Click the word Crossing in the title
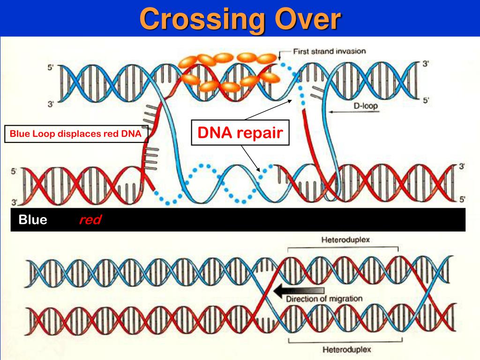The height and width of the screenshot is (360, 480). (202, 20)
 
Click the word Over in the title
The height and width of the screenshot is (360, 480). (307, 19)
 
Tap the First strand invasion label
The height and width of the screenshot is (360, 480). (330, 51)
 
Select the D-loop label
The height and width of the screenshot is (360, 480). (366, 106)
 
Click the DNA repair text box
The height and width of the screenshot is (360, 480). (240, 133)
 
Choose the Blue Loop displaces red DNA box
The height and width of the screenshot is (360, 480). (76, 134)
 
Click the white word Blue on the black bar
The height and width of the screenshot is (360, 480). (33, 219)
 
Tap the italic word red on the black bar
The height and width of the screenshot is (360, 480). (90, 220)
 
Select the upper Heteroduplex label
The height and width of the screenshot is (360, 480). (345, 240)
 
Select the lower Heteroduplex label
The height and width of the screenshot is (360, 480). (347, 349)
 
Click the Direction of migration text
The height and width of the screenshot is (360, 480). (324, 299)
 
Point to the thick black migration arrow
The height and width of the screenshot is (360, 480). (299, 291)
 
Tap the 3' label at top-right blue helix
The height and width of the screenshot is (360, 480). (426, 64)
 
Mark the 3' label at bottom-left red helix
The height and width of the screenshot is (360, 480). (15, 202)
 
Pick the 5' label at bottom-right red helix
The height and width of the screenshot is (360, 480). (462, 200)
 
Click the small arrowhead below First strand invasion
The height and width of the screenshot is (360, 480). (279, 57)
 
